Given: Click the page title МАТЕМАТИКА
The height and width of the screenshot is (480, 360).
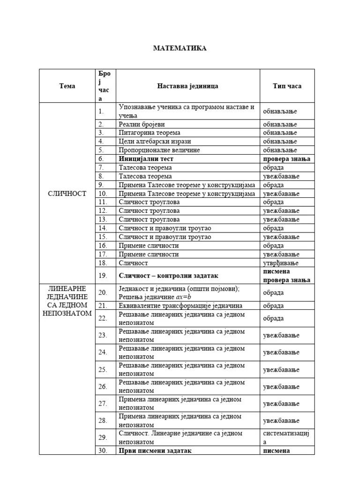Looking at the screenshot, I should pyautogui.click(x=180, y=48).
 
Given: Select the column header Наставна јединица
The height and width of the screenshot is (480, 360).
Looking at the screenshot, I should pyautogui.click(x=187, y=86).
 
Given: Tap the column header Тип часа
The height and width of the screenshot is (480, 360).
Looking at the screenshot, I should pyautogui.click(x=287, y=86).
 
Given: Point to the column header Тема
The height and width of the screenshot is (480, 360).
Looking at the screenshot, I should pyautogui.click(x=67, y=86).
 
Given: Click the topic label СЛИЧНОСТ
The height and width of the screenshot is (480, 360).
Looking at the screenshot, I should pyautogui.click(x=67, y=194).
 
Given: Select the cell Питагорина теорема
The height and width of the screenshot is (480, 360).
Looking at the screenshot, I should pyautogui.click(x=149, y=133).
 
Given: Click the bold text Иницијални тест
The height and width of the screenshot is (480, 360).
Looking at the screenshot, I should pyautogui.click(x=146, y=159).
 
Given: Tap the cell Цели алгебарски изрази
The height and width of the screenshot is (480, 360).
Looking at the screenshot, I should pyautogui.click(x=155, y=141).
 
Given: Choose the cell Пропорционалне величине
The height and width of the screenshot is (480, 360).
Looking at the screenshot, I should pyautogui.click(x=159, y=150).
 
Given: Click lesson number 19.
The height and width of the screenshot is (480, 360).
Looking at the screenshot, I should pyautogui.click(x=103, y=276).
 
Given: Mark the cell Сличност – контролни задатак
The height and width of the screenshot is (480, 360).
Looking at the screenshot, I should pyautogui.click(x=168, y=276).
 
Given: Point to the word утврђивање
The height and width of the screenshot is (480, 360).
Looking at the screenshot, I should pyautogui.click(x=280, y=263).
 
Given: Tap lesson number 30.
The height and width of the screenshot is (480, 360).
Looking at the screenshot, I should pyautogui.click(x=103, y=450).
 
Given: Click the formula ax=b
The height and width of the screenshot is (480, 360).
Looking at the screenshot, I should pyautogui.click(x=184, y=297).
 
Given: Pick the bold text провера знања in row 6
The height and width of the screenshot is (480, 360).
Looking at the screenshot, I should pyautogui.click(x=286, y=159).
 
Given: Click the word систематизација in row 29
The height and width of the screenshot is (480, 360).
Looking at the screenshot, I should pyautogui.click(x=286, y=437).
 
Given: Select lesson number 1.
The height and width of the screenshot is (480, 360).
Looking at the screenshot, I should pyautogui.click(x=101, y=112).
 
